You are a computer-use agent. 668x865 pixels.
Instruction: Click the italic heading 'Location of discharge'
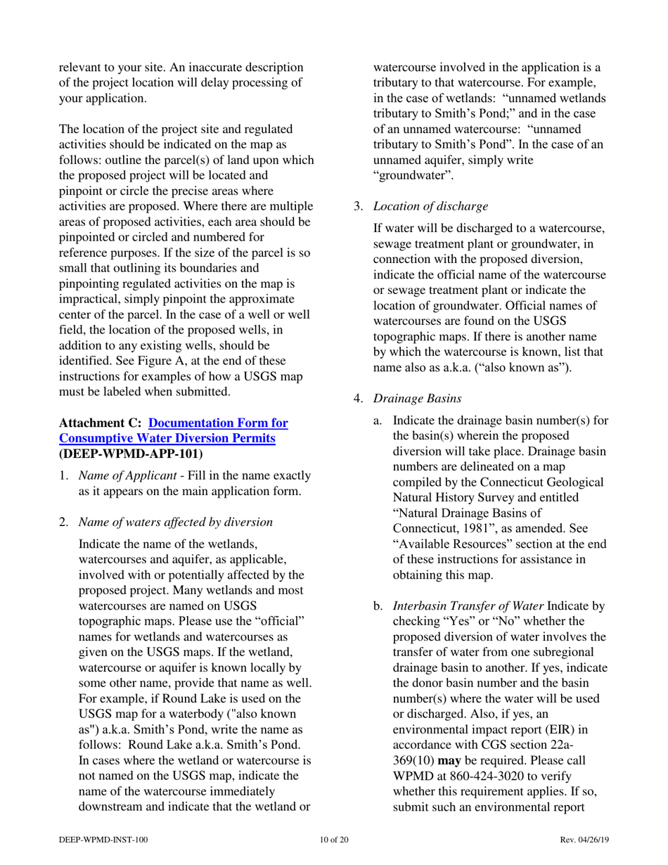tap(429, 207)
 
